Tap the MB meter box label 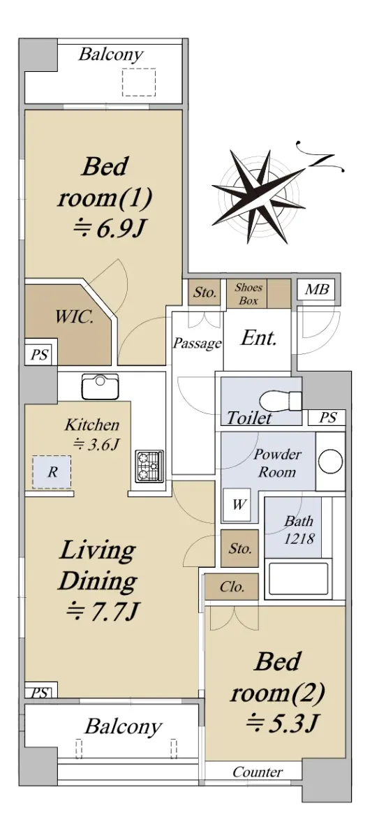[317, 289]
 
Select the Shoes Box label [248, 294]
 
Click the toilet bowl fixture [281, 401]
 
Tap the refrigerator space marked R [52, 472]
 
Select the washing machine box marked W [237, 504]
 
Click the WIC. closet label [74, 318]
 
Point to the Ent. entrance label [259, 338]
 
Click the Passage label [197, 344]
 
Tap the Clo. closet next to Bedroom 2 [232, 587]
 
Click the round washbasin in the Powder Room [330, 462]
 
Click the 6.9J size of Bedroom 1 [108, 228]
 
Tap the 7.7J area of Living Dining [103, 612]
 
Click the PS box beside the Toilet [327, 418]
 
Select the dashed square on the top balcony [138, 82]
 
